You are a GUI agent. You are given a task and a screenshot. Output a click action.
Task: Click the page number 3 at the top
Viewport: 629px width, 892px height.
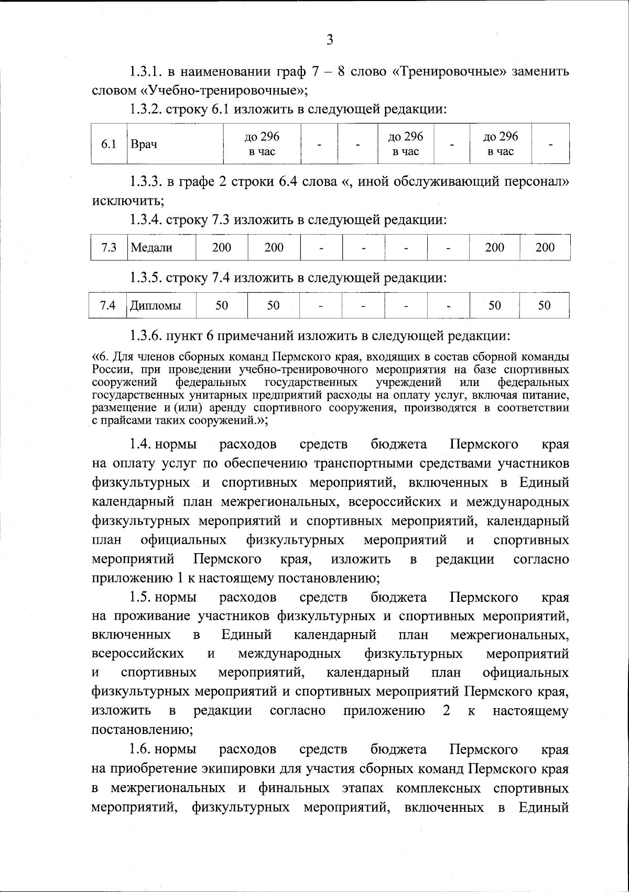coord(329,40)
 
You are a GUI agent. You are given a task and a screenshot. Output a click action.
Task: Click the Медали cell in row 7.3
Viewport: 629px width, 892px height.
coord(151,248)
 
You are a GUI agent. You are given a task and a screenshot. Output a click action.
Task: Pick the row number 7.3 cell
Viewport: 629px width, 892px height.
coord(109,248)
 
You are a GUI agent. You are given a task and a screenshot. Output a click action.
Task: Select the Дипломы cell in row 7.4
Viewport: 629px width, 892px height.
coord(156,305)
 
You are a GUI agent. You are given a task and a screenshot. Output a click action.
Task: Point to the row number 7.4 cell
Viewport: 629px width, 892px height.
coord(109,305)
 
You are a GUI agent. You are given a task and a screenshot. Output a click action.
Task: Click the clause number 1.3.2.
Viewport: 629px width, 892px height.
coord(146,110)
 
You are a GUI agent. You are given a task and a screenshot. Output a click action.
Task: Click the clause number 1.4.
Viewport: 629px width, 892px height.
coord(140,445)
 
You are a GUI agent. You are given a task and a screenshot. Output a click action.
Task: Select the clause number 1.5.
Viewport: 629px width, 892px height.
coord(140,598)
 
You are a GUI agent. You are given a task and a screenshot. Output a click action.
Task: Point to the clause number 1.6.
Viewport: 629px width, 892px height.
coord(140,750)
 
